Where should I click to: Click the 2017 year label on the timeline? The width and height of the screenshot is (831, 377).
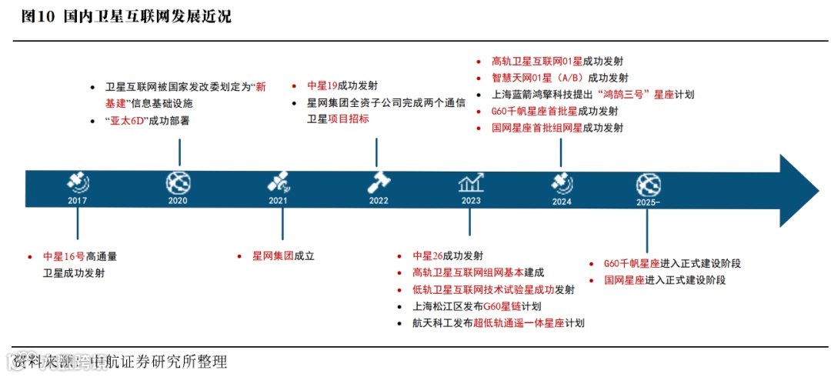point(77,201)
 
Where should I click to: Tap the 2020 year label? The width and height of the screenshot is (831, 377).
point(178,201)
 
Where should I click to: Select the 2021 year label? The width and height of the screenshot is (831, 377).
point(278,201)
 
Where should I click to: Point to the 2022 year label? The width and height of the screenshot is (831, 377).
point(379,201)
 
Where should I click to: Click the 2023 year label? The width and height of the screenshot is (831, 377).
point(471,201)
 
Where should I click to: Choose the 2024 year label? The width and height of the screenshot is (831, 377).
point(562,202)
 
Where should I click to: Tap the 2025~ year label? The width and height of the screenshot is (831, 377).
point(649,202)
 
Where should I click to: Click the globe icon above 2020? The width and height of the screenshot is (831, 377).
point(178,182)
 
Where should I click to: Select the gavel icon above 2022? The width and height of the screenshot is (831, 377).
point(379,182)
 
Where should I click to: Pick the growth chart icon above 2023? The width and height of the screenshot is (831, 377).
point(471,182)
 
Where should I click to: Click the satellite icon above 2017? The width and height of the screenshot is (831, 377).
point(77,182)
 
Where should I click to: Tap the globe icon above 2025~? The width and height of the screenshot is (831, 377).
point(649,184)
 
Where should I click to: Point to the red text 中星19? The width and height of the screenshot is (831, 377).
point(322,86)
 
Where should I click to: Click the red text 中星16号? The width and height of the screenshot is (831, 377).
point(64,256)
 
